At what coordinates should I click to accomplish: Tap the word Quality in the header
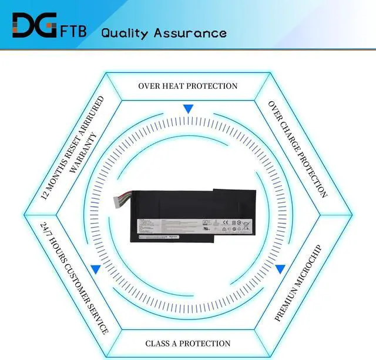click(x=125, y=32)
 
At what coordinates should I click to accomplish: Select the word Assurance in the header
click(x=190, y=32)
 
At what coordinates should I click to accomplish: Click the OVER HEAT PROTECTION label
click(x=188, y=86)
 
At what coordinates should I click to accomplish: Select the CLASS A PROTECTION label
click(x=188, y=344)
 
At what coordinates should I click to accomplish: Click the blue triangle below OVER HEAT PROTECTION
click(x=188, y=109)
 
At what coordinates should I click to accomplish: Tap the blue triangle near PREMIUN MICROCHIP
click(x=281, y=269)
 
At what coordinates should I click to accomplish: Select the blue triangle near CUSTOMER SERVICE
click(x=95, y=269)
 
